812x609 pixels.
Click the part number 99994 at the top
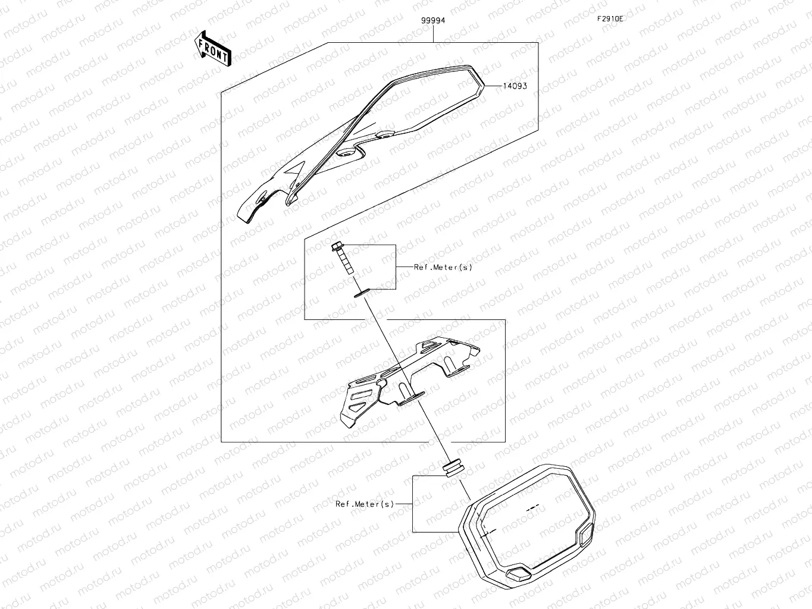(433, 20)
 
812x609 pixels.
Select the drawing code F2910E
(610, 18)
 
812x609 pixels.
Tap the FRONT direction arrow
(212, 48)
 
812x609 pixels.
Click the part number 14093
(515, 86)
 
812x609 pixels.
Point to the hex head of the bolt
(336, 246)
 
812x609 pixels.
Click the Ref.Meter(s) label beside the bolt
(443, 267)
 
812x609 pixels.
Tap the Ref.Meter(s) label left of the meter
(365, 504)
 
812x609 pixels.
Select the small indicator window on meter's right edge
(587, 533)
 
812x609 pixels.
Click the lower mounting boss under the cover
(345, 153)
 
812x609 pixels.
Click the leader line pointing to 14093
(494, 86)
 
